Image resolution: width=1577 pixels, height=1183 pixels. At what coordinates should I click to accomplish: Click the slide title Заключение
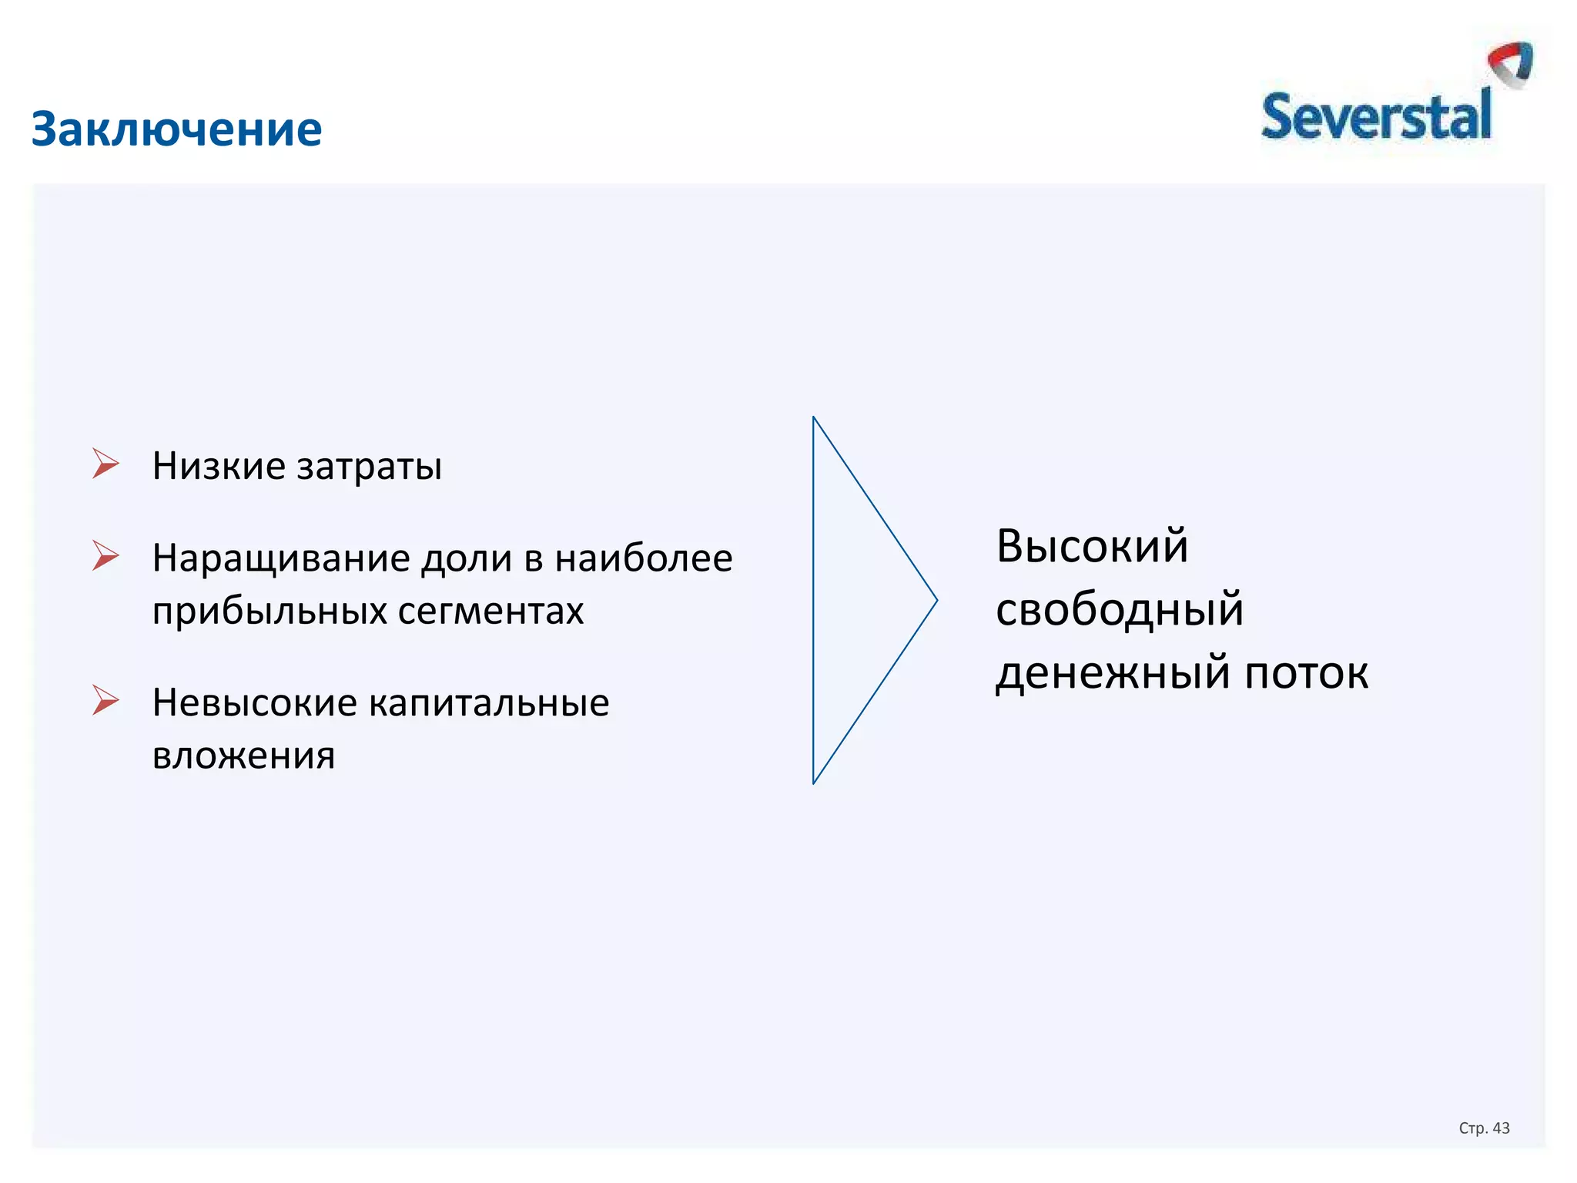176,129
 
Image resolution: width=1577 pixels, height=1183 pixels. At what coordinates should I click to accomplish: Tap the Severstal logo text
1375,117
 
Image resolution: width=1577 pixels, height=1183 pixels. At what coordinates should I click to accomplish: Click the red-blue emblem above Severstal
1511,63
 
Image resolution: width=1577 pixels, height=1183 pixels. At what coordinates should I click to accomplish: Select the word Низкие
219,466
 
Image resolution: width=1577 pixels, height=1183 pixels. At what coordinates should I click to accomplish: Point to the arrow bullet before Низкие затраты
105,464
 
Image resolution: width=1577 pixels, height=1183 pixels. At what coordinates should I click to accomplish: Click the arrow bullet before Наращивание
105,555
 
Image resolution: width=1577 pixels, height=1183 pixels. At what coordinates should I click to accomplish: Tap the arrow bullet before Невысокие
105,700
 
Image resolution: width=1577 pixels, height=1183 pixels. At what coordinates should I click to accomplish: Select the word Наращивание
280,559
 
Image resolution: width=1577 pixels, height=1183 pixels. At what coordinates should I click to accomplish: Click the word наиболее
644,558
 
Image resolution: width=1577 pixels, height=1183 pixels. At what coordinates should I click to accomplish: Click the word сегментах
491,612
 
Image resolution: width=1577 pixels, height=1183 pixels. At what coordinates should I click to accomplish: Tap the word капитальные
489,703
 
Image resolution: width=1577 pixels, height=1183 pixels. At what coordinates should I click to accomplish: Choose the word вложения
243,756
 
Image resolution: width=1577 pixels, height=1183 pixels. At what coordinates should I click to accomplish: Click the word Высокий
1092,546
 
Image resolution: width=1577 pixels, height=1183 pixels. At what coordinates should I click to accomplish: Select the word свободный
1119,609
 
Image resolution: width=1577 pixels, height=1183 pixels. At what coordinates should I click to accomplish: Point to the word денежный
1113,673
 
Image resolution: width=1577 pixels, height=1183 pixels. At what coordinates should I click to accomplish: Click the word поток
1307,673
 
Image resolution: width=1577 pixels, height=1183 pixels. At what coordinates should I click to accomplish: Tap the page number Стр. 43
1484,1128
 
